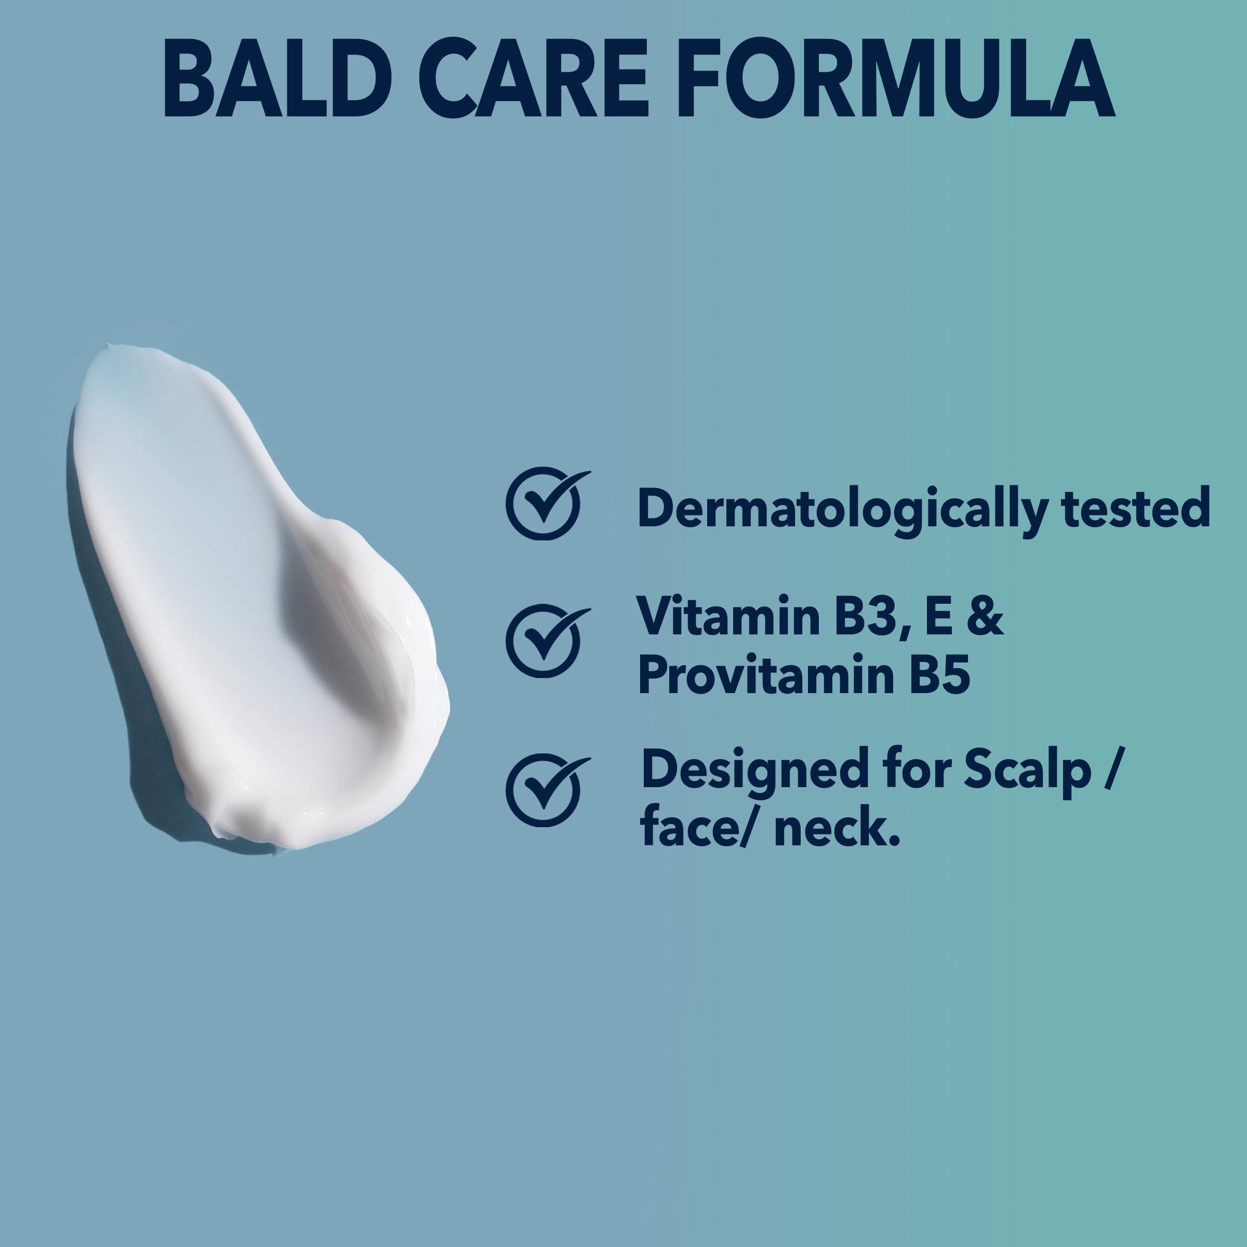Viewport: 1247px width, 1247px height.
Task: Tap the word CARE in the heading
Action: pyautogui.click(x=533, y=79)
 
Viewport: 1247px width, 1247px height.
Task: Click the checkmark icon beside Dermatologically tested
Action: pyautogui.click(x=547, y=503)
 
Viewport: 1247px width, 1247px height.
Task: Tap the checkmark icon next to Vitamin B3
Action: pyautogui.click(x=547, y=641)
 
